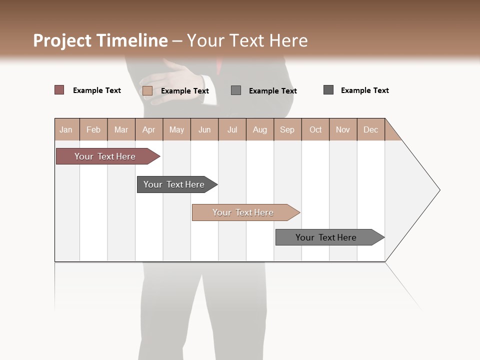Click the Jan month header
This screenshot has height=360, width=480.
(66, 130)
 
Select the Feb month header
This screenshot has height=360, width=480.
(93, 130)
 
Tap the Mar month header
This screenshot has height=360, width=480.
(121, 130)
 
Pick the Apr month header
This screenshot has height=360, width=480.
(149, 130)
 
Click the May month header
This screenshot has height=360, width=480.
(176, 130)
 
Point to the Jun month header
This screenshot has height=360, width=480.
(204, 130)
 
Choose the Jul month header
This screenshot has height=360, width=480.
(232, 130)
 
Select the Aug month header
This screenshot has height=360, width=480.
(260, 130)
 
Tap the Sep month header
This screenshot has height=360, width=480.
(287, 130)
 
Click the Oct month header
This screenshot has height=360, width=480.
(315, 130)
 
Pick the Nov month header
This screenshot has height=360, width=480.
(343, 130)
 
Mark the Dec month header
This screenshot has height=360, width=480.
(371, 130)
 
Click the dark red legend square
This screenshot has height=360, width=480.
(59, 90)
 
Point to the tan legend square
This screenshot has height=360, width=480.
(147, 90)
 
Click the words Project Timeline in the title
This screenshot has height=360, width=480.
(100, 40)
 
